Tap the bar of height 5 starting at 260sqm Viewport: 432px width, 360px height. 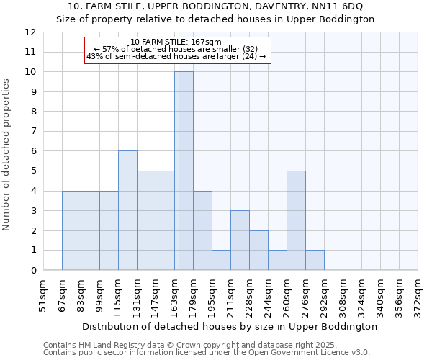(296, 220)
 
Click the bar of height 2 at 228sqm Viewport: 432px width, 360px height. (258, 250)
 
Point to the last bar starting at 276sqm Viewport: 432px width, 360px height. (315, 260)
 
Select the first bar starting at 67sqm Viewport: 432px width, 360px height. (71, 230)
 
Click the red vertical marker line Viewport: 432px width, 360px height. (178, 180)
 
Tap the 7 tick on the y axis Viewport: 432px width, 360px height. (32, 131)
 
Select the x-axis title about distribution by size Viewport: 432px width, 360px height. (229, 326)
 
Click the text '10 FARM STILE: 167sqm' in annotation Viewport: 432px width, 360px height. (176, 42)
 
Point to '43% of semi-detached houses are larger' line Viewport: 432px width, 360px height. (176, 56)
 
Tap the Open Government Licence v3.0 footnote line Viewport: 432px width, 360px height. (207, 353)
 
